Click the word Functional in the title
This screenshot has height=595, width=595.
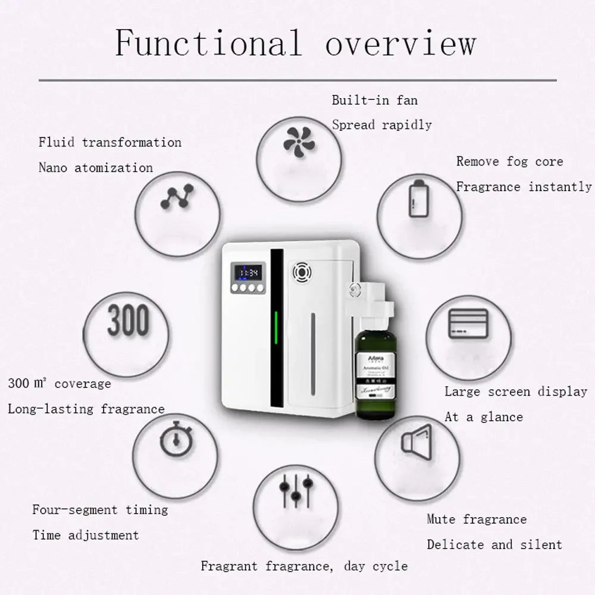point(208,43)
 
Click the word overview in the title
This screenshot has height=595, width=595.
point(400,43)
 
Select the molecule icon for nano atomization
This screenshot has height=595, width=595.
point(177,197)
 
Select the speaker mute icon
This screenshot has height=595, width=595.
point(415,441)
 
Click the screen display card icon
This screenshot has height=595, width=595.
point(468,324)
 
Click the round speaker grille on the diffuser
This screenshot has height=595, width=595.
point(302,273)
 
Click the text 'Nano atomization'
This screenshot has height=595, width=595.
point(95,168)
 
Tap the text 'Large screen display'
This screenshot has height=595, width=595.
point(515,392)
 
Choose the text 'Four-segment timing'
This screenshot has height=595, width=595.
point(100,510)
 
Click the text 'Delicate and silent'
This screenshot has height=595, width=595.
point(494,544)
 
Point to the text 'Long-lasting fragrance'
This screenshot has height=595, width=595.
point(86,409)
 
